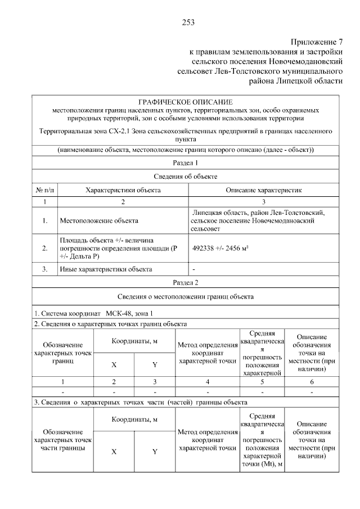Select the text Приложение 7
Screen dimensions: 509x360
[x=316, y=42]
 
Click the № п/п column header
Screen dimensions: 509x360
[x=44, y=190]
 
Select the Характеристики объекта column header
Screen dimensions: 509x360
[x=123, y=190]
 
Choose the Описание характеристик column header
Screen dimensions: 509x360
[x=264, y=190]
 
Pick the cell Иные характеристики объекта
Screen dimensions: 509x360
[x=106, y=269]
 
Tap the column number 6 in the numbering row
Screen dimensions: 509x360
[x=312, y=381]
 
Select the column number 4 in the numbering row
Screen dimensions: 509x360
[x=208, y=381]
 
